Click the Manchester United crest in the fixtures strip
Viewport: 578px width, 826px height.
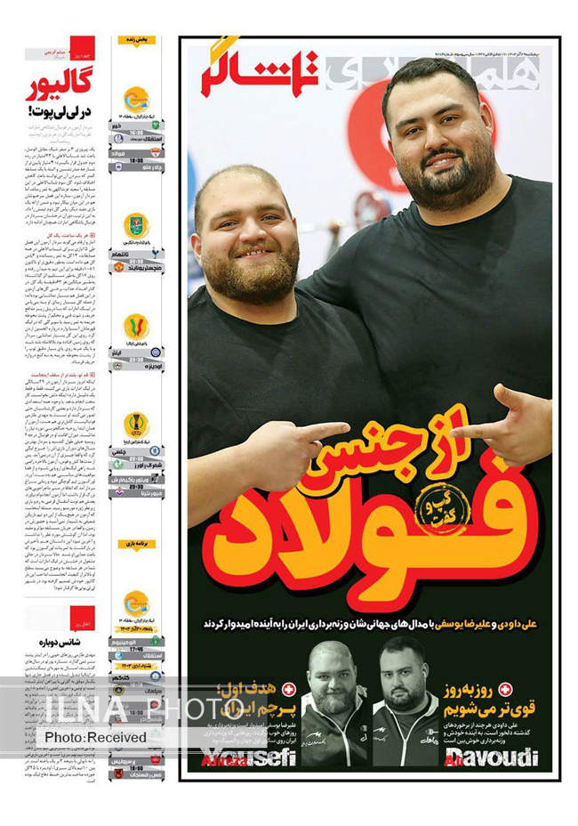coord(119,266)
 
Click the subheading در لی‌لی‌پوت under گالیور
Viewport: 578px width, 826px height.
coord(60,112)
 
